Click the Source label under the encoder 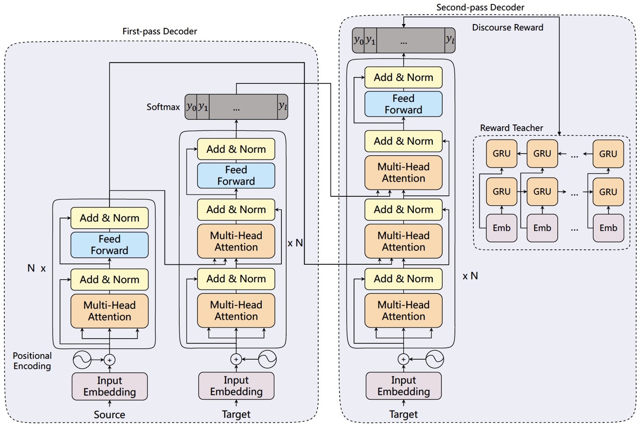[109, 415]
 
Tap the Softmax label [163, 107]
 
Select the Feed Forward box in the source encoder [109, 245]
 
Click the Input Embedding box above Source [109, 386]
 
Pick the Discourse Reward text [507, 28]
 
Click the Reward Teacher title [511, 128]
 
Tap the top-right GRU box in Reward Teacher [608, 154]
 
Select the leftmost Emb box [501, 228]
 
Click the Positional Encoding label [32, 361]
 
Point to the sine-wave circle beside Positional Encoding [82, 359]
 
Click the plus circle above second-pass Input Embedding [403, 359]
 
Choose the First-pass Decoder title [159, 31]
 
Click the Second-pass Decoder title [480, 7]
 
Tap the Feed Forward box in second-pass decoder [403, 104]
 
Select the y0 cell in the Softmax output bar [191, 107]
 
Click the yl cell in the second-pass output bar [450, 40]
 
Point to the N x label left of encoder [36, 268]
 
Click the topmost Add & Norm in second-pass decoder [403, 77]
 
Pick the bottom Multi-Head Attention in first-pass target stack [236, 311]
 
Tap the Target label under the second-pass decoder [403, 414]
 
